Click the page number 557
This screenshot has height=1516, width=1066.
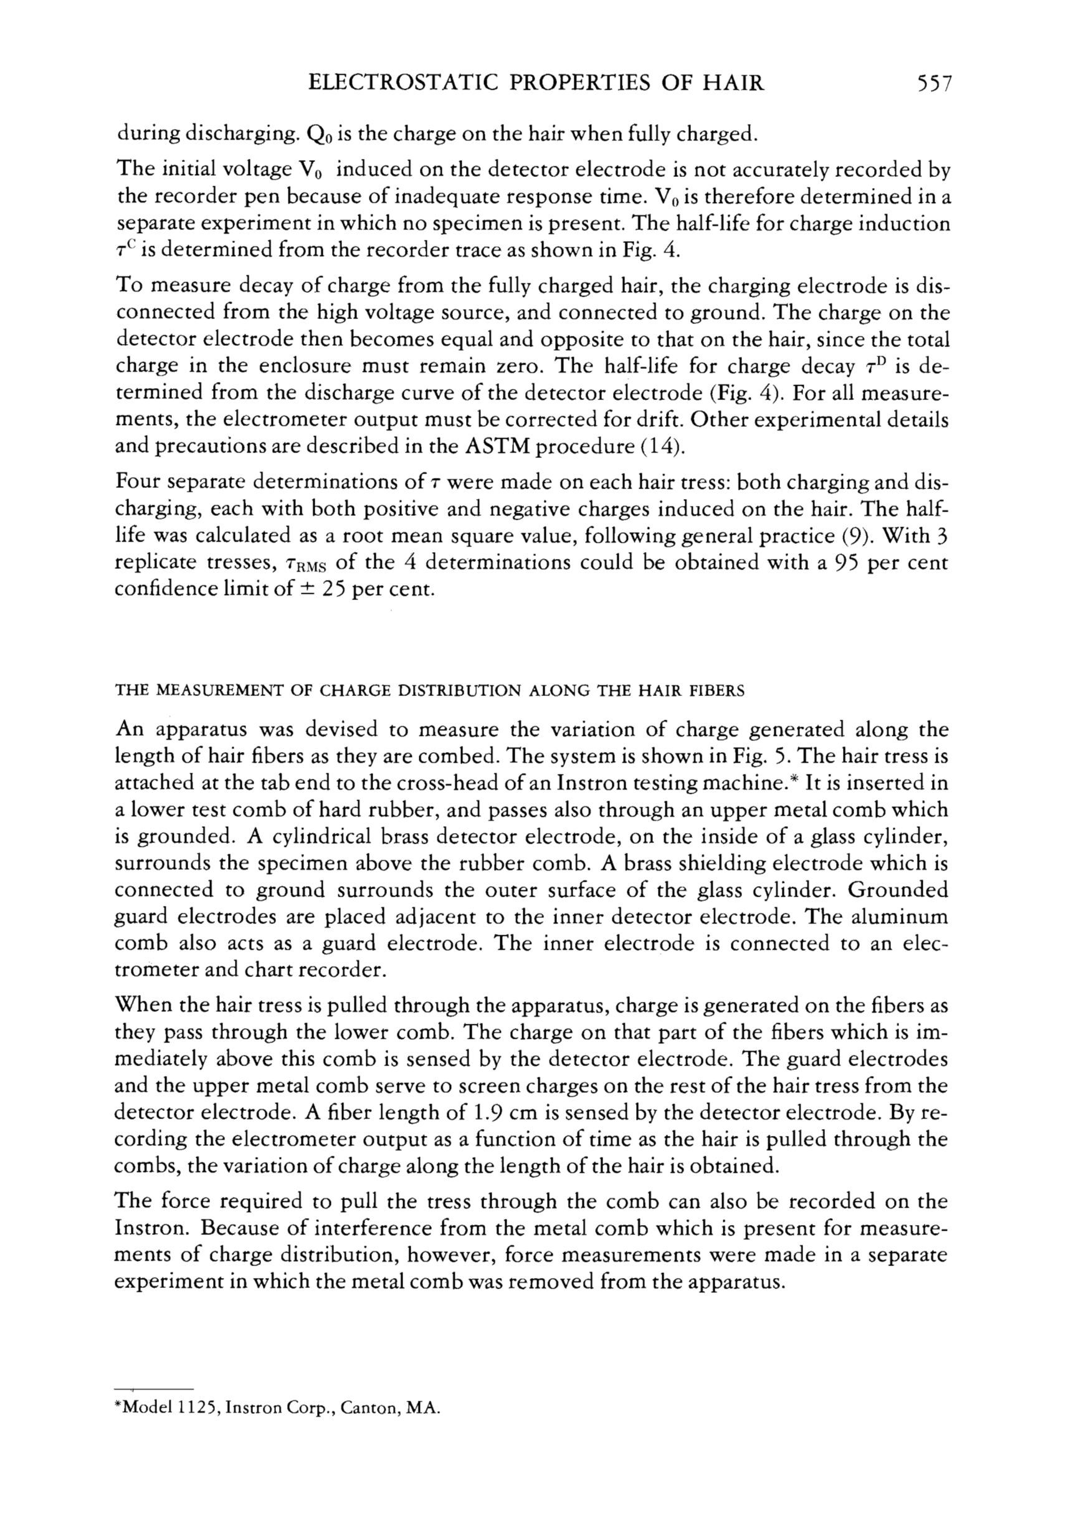930,83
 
